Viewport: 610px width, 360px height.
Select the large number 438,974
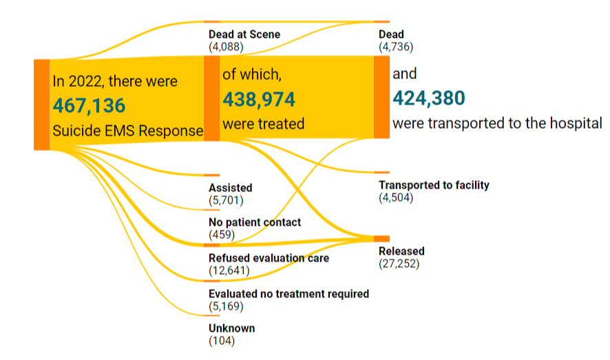tap(258, 100)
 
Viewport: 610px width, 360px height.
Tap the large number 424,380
tap(429, 98)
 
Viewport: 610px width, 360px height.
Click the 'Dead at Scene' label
tap(244, 34)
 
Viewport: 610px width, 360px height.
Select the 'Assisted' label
tap(230, 188)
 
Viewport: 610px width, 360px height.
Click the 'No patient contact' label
tap(255, 222)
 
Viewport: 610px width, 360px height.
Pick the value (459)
tap(222, 235)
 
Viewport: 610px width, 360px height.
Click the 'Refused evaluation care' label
tap(269, 258)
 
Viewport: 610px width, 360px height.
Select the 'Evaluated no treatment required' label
tap(288, 294)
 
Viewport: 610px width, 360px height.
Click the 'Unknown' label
tap(231, 328)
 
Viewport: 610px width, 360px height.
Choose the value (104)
tap(222, 341)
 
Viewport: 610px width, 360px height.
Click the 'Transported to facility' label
tap(434, 185)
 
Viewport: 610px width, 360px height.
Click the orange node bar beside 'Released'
tap(381, 238)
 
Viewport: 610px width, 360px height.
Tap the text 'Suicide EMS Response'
tap(127, 131)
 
